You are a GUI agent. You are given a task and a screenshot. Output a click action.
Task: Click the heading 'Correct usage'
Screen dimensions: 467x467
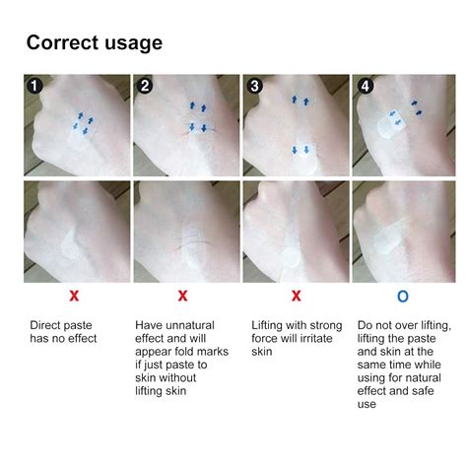click(x=94, y=42)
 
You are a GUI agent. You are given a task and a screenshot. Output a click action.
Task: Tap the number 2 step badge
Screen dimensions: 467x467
click(x=144, y=85)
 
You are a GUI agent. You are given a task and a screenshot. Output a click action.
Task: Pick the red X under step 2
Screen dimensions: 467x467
click(x=181, y=296)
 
